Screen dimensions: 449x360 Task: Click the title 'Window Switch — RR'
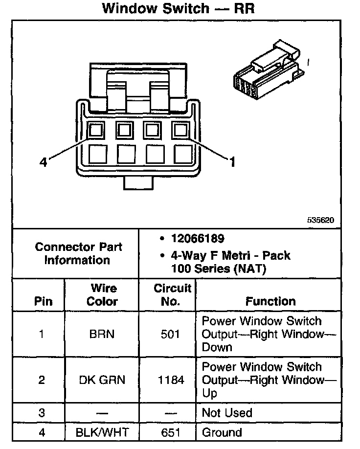pos(179,9)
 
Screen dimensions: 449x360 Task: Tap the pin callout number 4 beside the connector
pos(43,162)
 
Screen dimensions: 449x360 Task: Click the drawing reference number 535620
pos(320,221)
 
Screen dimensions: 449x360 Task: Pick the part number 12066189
pos(198,239)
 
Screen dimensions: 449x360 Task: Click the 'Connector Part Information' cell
pos(78,253)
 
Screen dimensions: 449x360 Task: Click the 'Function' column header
pos(270,301)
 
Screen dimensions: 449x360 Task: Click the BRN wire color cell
pos(102,335)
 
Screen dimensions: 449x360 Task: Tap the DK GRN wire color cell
pos(102,380)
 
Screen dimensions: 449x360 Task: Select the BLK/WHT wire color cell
pos(102,432)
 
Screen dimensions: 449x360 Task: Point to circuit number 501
pos(170,335)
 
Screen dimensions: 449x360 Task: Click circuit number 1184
pos(170,380)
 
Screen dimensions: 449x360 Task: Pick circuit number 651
pos(170,432)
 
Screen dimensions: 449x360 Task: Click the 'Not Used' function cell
pos(227,413)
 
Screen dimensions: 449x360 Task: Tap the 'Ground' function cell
pos(222,432)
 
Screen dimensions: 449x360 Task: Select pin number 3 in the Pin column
pos(42,413)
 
